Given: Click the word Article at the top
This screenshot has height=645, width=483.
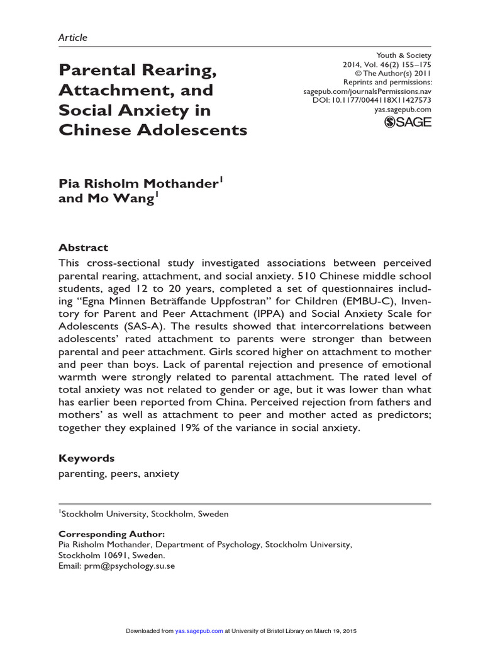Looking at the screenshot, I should pyautogui.click(x=72, y=37).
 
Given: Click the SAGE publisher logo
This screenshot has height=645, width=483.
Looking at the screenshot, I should pyautogui.click(x=408, y=122).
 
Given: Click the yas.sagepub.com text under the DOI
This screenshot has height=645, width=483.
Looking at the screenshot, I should pyautogui.click(x=401, y=110).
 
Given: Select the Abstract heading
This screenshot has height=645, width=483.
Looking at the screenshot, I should pyautogui.click(x=83, y=248).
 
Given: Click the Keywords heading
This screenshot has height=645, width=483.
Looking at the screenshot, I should pyautogui.click(x=86, y=458).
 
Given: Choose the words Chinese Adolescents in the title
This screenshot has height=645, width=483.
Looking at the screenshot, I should pyautogui.click(x=153, y=131).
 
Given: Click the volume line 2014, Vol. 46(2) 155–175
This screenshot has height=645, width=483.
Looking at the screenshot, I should pyautogui.click(x=387, y=64).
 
